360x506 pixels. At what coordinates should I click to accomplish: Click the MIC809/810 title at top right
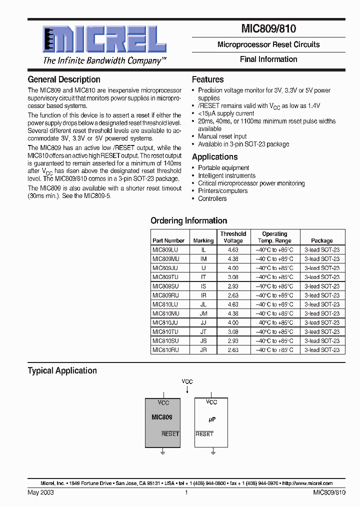[x=269, y=29]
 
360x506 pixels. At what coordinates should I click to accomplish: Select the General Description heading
[x=64, y=79]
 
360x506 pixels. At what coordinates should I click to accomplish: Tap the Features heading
[x=207, y=79]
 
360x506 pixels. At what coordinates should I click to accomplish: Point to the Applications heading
[x=214, y=157]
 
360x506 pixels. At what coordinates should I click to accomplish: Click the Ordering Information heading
[x=188, y=220]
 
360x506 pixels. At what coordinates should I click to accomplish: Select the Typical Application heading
[x=62, y=370]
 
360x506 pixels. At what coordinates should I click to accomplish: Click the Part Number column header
[x=168, y=240]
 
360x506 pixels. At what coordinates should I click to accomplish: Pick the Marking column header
[x=203, y=240]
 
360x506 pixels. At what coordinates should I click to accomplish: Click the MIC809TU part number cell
[x=165, y=277]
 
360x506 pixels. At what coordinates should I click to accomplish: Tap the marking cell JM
[x=203, y=313]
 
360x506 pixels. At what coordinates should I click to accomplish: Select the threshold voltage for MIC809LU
[x=233, y=249]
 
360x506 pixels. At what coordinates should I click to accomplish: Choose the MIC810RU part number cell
[x=165, y=350]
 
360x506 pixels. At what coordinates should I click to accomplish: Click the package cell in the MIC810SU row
[x=322, y=341]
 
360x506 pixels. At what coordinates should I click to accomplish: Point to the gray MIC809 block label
[x=162, y=417]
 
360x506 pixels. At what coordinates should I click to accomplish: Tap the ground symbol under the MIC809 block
[x=162, y=452]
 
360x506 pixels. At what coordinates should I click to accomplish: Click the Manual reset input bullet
[x=222, y=136]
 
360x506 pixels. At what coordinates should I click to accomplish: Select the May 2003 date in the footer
[x=40, y=492]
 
